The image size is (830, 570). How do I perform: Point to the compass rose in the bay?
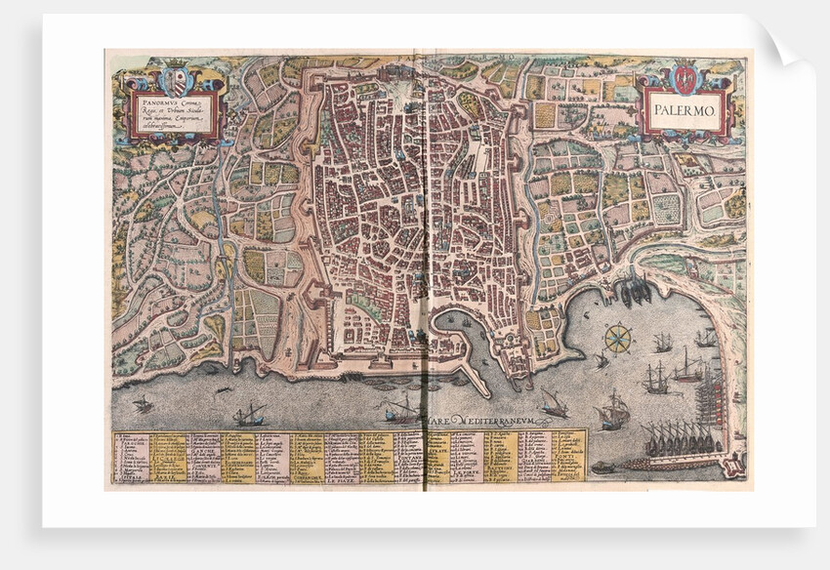pyautogui.click(x=617, y=339)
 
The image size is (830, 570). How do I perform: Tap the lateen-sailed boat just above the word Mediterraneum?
pyautogui.click(x=555, y=402)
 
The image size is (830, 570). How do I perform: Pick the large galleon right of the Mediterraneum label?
pyautogui.click(x=613, y=411)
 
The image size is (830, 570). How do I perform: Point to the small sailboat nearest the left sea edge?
pyautogui.click(x=143, y=403)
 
